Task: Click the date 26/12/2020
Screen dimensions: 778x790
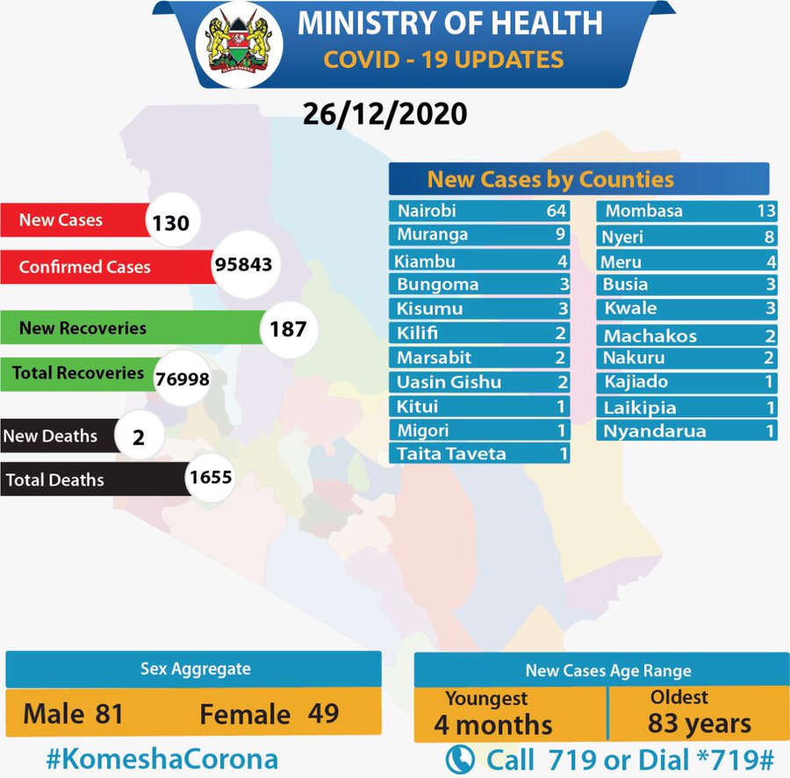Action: [384, 115]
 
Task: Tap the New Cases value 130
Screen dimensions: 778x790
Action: [170, 223]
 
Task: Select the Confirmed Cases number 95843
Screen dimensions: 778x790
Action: [243, 264]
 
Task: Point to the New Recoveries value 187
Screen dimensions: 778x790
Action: [288, 330]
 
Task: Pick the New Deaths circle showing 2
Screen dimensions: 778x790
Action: [138, 436]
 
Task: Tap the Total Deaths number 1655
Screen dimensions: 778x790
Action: [209, 479]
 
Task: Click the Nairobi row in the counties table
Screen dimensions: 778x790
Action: [479, 212]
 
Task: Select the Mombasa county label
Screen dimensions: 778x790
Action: [643, 212]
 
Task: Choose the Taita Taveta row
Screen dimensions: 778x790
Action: [479, 454]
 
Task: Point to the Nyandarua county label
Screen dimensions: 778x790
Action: [654, 431]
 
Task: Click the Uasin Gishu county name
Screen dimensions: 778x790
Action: [449, 382]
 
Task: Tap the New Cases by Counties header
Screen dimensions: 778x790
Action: [551, 180]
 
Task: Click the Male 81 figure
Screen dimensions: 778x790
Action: [73, 713]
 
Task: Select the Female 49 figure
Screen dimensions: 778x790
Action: [269, 713]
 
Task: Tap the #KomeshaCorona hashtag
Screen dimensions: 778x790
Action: [162, 759]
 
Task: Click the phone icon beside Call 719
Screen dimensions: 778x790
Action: [460, 759]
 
